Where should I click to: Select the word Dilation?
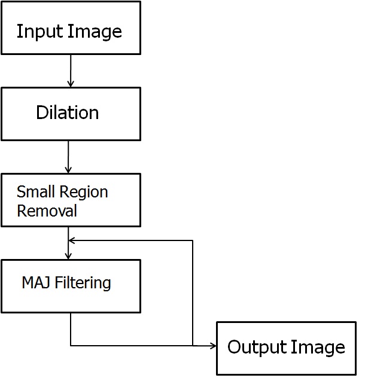point(68,112)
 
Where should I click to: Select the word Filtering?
point(83,282)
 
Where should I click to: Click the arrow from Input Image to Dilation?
point(71,71)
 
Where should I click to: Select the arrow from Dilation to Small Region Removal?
point(69,157)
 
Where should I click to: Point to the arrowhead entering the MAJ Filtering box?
point(69,255)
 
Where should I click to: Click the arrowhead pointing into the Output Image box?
point(212,345)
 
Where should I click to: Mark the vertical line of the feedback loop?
point(193,293)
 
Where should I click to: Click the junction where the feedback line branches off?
point(193,345)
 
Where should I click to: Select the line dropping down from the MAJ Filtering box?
point(71,329)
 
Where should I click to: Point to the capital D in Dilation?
point(41,112)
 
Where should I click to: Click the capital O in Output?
point(234,347)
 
